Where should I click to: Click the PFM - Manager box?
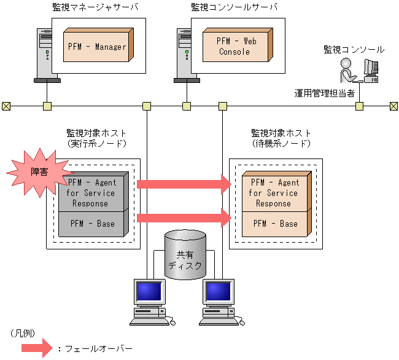point(97,47)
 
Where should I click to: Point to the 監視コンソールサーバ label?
point(234,7)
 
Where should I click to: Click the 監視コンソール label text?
point(354,49)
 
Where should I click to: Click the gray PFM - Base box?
point(92,224)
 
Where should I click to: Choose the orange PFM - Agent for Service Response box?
point(274,192)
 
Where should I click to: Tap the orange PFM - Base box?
point(275,224)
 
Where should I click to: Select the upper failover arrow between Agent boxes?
point(184,183)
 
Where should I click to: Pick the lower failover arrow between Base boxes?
point(184,216)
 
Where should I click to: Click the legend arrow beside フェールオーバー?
point(36,348)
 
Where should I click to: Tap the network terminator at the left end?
point(6,106)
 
